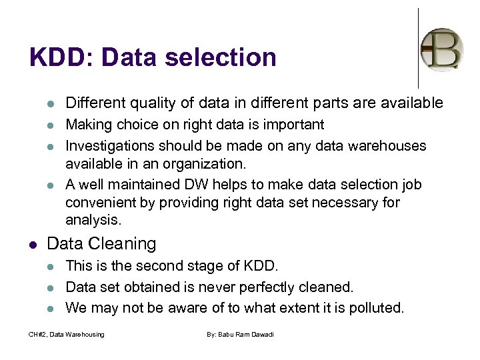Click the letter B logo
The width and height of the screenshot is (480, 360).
(x=441, y=49)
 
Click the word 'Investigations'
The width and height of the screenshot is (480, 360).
(x=107, y=145)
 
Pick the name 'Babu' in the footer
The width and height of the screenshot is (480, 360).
(x=231, y=334)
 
